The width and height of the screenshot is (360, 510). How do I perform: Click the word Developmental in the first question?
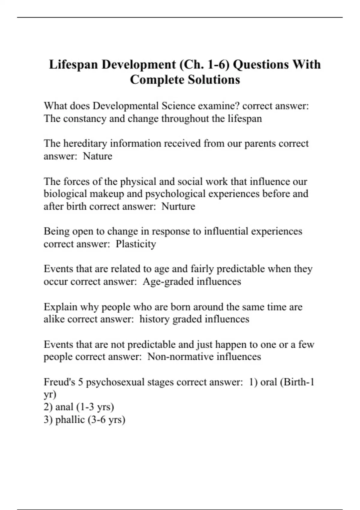coord(125,106)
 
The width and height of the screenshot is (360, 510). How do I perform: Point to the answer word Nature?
coord(97,156)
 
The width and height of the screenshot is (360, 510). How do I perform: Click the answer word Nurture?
coord(178,206)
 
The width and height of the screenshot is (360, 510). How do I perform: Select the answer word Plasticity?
coord(136,244)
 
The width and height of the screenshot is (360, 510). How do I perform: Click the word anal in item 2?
coord(64,407)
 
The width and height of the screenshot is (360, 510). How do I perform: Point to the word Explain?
coord(60,307)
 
